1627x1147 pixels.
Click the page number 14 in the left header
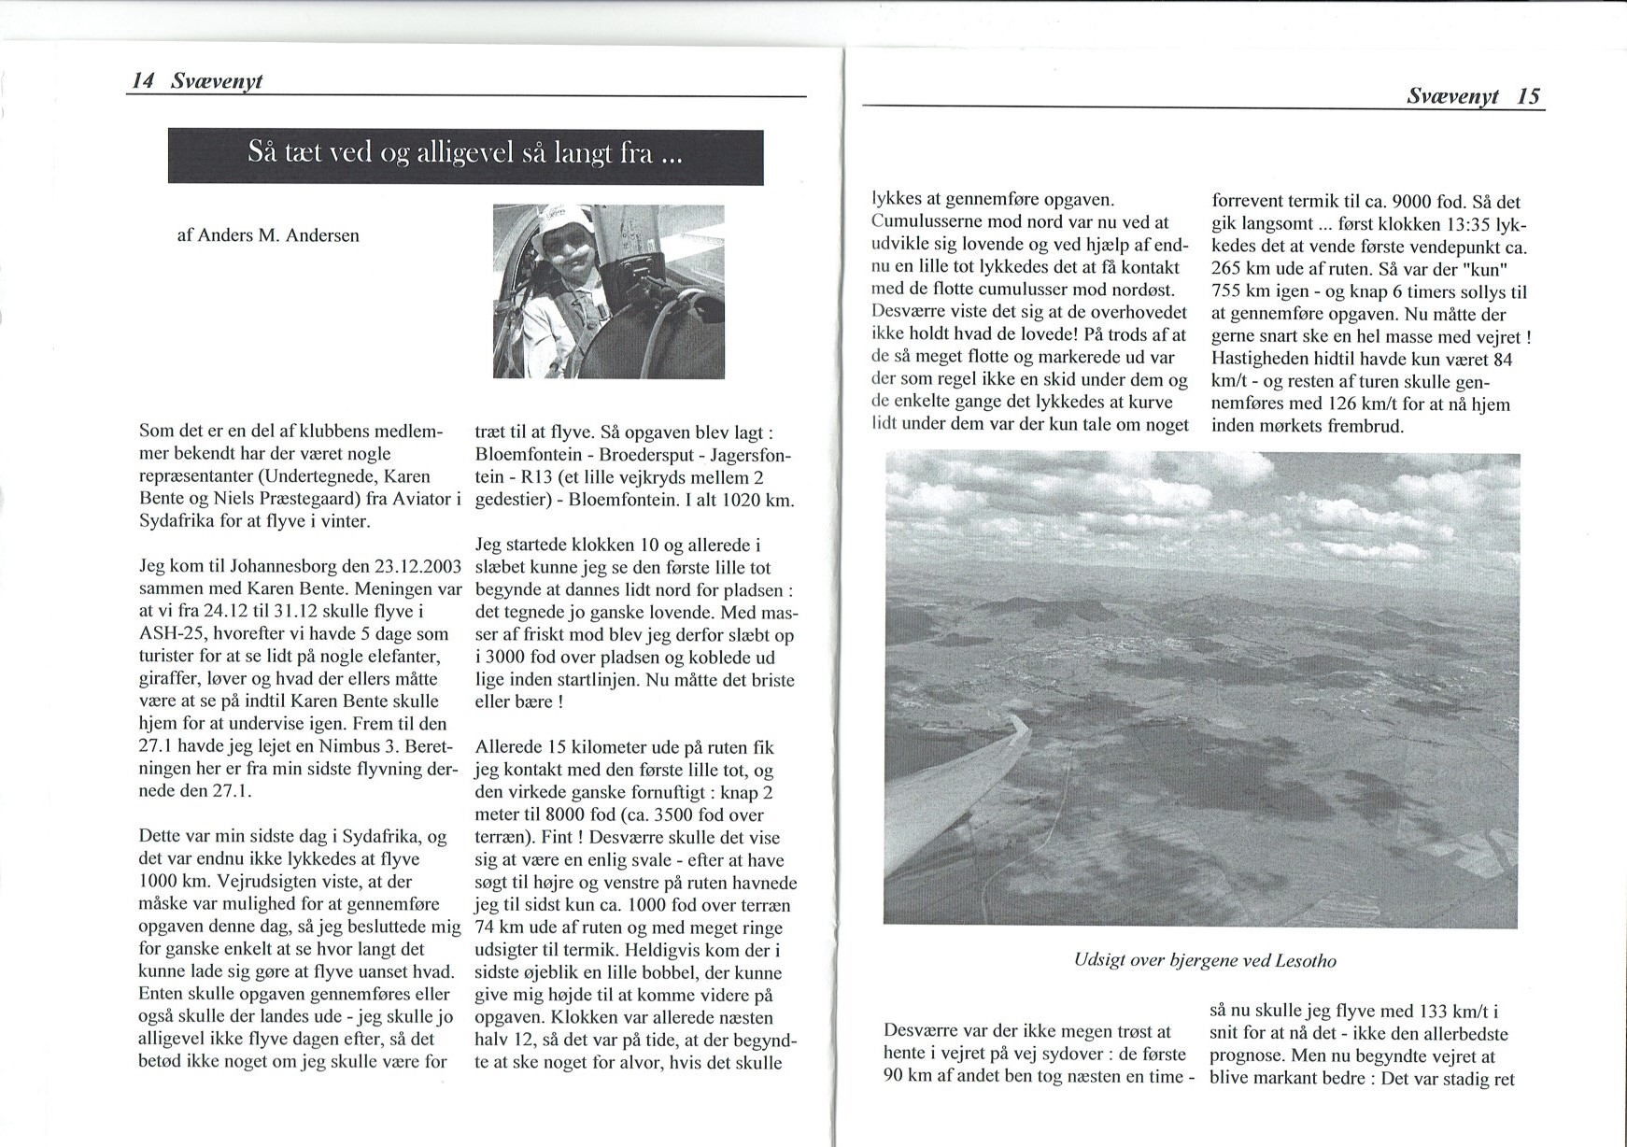[142, 81]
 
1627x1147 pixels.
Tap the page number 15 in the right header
[1528, 96]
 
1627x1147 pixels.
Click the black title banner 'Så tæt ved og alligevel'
[465, 155]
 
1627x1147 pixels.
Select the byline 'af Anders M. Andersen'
[268, 235]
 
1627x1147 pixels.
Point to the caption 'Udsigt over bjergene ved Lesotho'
[1205, 960]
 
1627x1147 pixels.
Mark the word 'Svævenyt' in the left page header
[217, 81]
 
